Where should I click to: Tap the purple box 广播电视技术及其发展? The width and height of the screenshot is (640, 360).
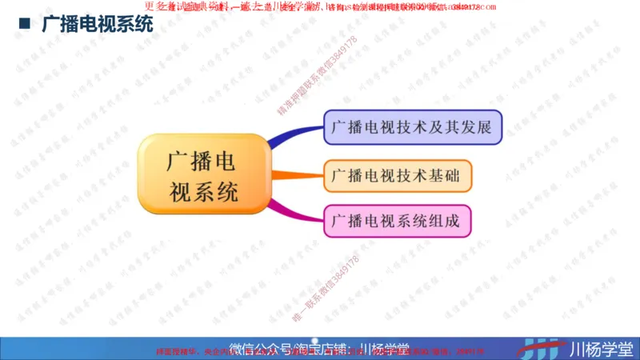pyautogui.click(x=413, y=128)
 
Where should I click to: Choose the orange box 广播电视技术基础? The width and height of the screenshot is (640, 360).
pyautogui.click(x=398, y=175)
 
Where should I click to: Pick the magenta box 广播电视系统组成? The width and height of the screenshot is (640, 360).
pyautogui.click(x=398, y=221)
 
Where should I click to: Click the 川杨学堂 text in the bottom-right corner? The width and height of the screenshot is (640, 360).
pyautogui.click(x=600, y=349)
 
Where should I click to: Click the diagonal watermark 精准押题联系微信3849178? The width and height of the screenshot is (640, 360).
pyautogui.click(x=314, y=77)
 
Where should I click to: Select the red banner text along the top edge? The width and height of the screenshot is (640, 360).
pyautogui.click(x=320, y=7)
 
